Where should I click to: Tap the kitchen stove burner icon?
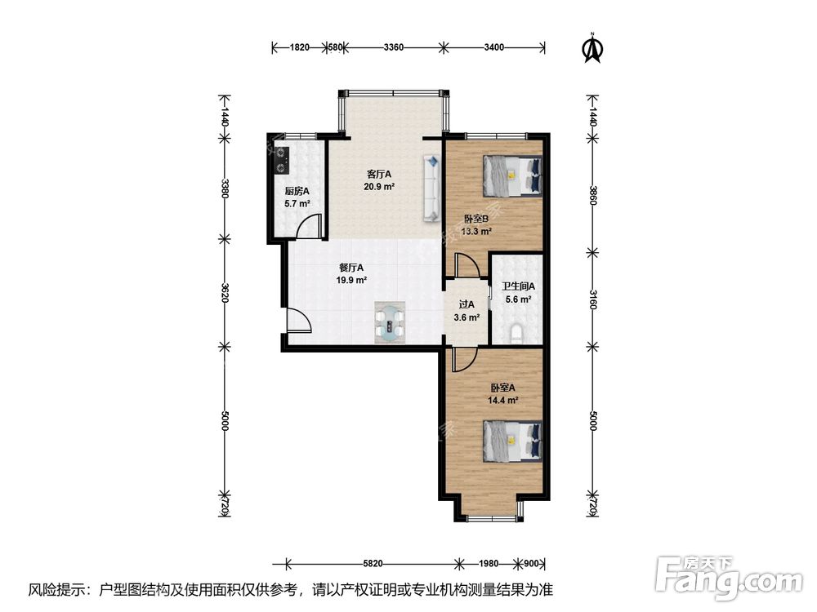point(282,159)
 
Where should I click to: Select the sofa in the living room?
point(430,188)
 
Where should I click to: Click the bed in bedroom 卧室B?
point(511,175)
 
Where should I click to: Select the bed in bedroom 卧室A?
point(511,441)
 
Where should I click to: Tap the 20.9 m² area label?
point(379,186)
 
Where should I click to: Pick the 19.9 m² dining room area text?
point(351,280)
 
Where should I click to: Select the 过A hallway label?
point(466,304)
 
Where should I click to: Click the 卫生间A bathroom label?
point(517,286)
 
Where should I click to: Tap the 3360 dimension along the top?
point(393,47)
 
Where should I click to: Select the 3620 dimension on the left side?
point(224,292)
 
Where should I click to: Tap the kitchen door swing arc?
point(307,228)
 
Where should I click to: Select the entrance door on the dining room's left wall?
point(297,322)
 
